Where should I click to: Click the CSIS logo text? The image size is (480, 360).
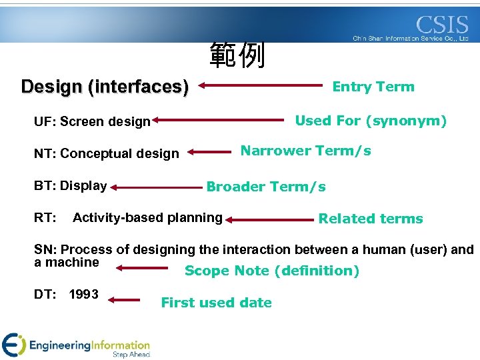click(442, 25)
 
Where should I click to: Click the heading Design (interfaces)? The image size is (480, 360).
click(105, 87)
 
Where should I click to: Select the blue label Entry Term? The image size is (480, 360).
click(373, 87)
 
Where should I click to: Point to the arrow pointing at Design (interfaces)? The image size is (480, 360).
click(259, 86)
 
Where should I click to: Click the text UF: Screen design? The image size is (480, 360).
click(92, 121)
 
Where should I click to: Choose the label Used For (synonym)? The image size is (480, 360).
click(371, 121)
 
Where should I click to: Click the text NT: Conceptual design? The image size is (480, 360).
click(106, 153)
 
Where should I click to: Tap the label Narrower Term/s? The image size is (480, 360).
click(305, 151)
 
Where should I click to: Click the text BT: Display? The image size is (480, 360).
click(70, 185)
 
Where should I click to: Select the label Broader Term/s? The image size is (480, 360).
click(266, 187)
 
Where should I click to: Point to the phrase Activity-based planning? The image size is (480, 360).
click(147, 217)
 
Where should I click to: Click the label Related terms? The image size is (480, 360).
click(370, 219)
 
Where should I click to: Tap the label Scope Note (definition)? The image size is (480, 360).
click(271, 271)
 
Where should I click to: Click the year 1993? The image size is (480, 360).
click(83, 294)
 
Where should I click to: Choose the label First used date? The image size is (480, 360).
click(216, 303)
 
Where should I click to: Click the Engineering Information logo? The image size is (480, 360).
click(77, 345)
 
